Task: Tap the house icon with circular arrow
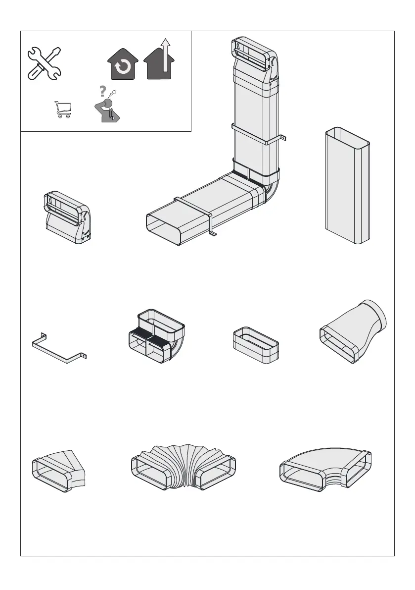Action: click(122, 66)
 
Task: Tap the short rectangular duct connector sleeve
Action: click(255, 345)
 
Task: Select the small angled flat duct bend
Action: click(58, 469)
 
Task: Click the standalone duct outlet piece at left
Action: click(67, 217)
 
